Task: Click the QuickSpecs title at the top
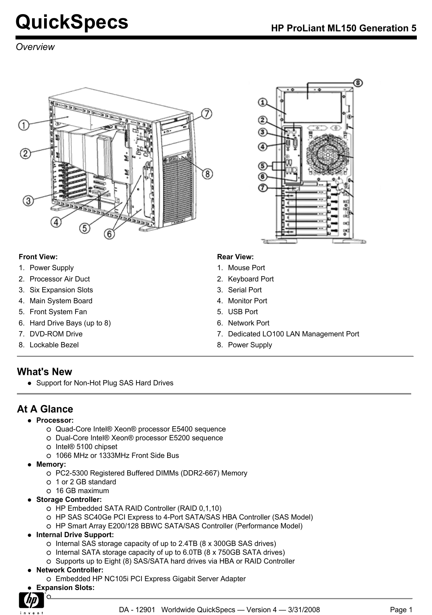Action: pos(72,22)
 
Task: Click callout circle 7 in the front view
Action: pos(207,114)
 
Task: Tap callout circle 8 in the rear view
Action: pos(358,83)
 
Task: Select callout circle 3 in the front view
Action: pos(28,201)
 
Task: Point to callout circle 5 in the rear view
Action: pos(262,165)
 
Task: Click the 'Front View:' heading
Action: pos(38,257)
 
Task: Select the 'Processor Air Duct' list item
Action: pos(60,279)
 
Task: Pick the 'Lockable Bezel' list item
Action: pos(54,345)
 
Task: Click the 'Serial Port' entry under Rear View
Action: pos(245,290)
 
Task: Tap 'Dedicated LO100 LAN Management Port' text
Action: pos(293,334)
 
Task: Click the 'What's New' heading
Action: pos(44,372)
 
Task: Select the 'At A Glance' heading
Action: pos(45,409)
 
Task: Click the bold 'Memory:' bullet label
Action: pos(51,464)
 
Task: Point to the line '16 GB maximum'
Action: pos(82,491)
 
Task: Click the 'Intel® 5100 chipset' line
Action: pos(86,447)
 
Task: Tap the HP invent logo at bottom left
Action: pos(32,603)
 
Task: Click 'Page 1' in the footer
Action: pos(401,610)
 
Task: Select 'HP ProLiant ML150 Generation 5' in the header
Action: pos(343,28)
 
